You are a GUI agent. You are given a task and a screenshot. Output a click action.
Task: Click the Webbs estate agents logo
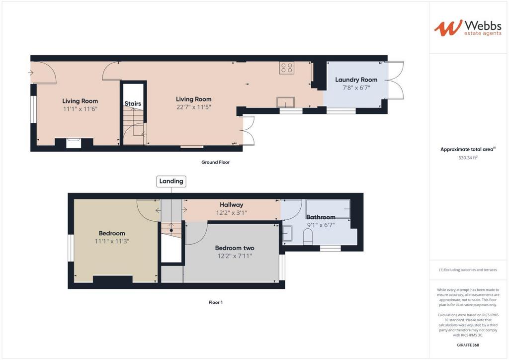coord(468,28)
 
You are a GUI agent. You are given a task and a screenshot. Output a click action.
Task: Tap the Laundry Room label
coord(356,80)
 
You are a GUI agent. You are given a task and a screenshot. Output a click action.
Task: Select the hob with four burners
coord(287,68)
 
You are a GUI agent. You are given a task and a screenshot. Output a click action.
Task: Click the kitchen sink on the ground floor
coord(286,102)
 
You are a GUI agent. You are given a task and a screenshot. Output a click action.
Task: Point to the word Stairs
coord(133,103)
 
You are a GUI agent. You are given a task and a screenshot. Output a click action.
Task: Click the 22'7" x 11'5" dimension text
coord(194,107)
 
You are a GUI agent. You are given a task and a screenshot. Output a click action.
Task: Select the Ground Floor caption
coord(215,162)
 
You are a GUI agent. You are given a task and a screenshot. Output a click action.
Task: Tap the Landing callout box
coord(171,181)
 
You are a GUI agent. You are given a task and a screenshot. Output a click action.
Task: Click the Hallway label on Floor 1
coord(231,205)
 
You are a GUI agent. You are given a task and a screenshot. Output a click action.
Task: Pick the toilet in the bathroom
coord(307,236)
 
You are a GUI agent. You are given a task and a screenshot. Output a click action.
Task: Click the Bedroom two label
coord(235,248)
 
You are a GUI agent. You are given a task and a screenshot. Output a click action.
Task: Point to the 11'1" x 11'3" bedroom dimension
coord(112,241)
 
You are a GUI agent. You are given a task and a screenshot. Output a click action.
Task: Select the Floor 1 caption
coord(216,302)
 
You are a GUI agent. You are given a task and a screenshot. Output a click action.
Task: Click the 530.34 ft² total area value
coord(468,158)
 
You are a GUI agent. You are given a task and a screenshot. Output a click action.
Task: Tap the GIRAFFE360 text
coord(468,345)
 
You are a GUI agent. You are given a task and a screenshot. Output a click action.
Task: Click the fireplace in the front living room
coord(74,143)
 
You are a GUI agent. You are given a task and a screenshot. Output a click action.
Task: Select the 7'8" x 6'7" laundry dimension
coord(356,88)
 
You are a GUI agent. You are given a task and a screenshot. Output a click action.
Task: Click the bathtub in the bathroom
coord(328,208)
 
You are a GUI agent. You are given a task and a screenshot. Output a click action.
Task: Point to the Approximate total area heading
coord(468,149)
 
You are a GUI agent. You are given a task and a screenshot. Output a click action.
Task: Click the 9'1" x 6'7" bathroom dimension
coord(321,225)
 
